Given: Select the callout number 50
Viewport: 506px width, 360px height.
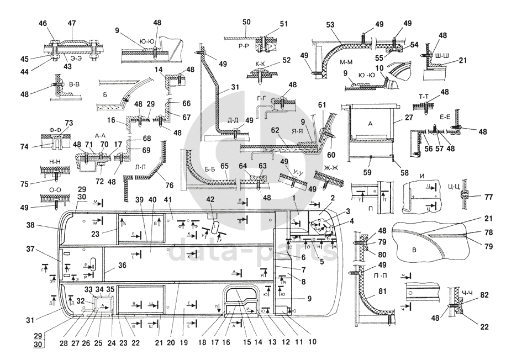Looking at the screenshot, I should tap(246, 22).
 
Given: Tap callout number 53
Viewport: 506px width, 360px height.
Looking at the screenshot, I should tap(331, 25).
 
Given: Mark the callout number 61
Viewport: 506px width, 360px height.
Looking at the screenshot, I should tap(322, 105).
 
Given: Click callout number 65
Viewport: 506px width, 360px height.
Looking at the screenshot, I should tap(224, 165).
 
